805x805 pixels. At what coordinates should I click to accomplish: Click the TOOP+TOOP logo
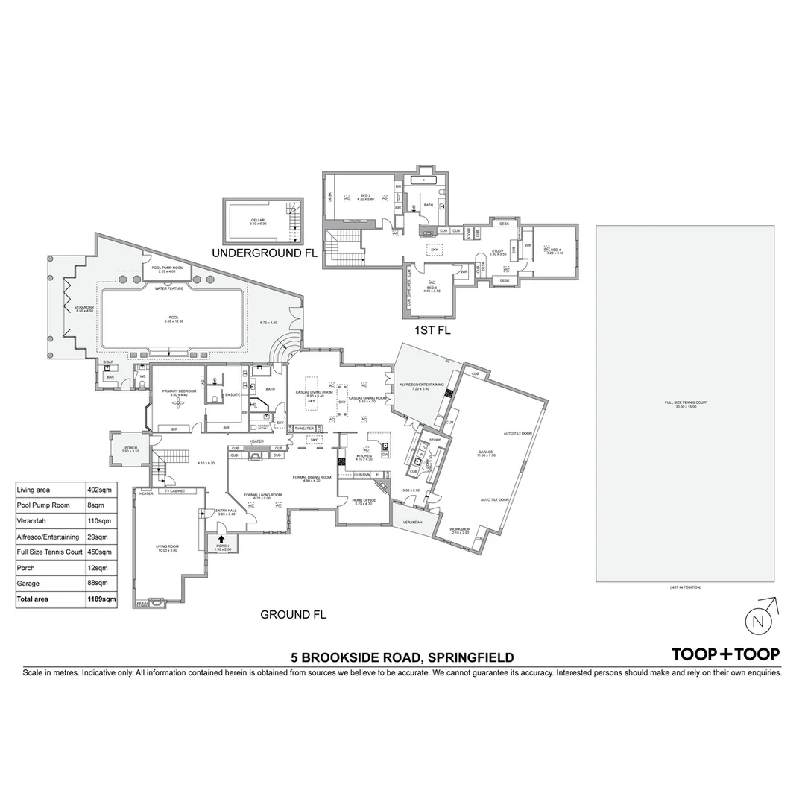pyautogui.click(x=725, y=654)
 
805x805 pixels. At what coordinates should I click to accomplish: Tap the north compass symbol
pyautogui.click(x=759, y=621)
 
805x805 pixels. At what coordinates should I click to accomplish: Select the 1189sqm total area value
pyautogui.click(x=101, y=599)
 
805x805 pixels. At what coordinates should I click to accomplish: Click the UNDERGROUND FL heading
pyautogui.click(x=265, y=253)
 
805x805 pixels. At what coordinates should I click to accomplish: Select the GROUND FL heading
pyautogui.click(x=293, y=615)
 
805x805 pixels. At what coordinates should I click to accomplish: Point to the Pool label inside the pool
pyautogui.click(x=174, y=319)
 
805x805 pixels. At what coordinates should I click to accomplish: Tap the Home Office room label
pyautogui.click(x=364, y=501)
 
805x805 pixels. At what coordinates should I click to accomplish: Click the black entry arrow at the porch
pyautogui.click(x=221, y=539)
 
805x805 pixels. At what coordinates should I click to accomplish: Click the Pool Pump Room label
pyautogui.click(x=168, y=268)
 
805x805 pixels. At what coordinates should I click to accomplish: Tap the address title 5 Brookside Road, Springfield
pyautogui.click(x=402, y=657)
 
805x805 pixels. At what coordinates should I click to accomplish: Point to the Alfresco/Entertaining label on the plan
pyautogui.click(x=423, y=385)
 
